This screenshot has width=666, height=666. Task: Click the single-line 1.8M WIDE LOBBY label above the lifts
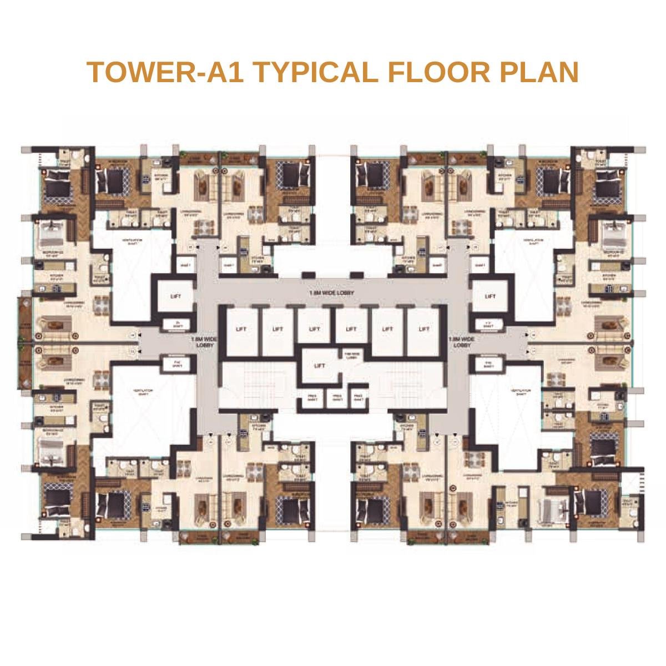[x=332, y=292]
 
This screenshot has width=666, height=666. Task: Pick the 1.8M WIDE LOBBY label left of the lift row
[x=204, y=341]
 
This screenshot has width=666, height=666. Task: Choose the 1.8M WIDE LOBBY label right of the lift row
[x=462, y=341]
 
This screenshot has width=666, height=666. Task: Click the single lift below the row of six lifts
[x=319, y=366]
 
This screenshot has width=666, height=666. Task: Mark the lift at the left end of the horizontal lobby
[x=175, y=296]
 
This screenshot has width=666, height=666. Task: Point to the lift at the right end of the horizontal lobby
[x=490, y=296]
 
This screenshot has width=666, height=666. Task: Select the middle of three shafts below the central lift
[x=334, y=396]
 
